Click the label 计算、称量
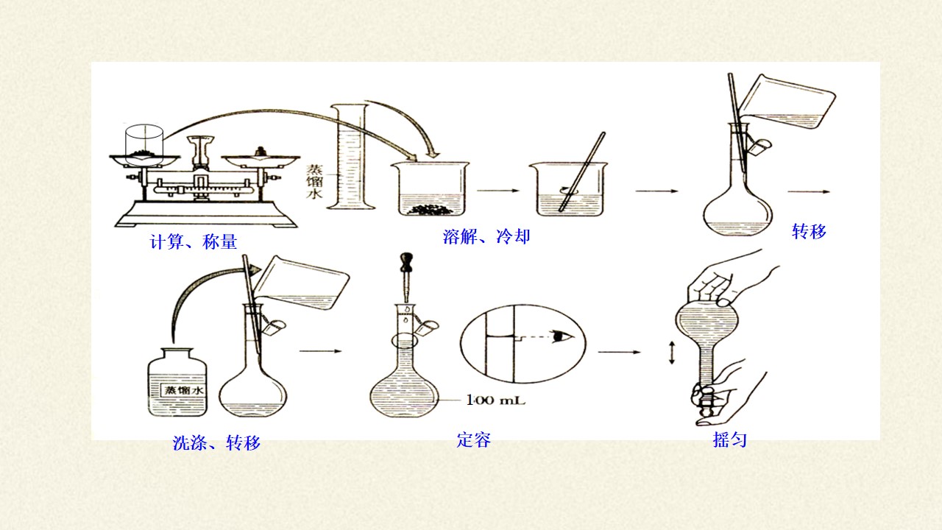click(x=194, y=242)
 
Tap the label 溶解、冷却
click(x=486, y=236)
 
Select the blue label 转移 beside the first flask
click(x=809, y=231)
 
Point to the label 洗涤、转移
click(x=216, y=443)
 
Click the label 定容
click(x=473, y=440)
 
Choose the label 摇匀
click(x=729, y=440)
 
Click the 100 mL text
click(x=496, y=400)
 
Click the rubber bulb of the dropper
click(x=407, y=263)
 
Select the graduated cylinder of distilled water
click(x=350, y=157)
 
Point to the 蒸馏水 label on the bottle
click(x=184, y=390)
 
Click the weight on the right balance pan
click(x=261, y=152)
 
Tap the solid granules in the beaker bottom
click(x=430, y=209)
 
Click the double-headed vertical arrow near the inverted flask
click(x=672, y=353)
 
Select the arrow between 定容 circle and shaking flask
click(x=619, y=352)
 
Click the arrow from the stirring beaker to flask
click(x=656, y=191)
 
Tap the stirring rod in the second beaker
click(x=582, y=172)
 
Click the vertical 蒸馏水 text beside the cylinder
click(x=314, y=181)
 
